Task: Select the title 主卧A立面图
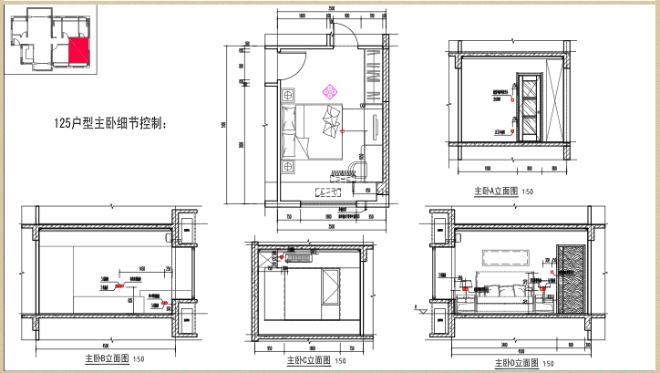(x=495, y=192)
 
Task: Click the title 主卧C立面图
(x=308, y=360)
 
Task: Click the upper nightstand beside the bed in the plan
(x=289, y=95)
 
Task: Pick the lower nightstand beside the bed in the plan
(x=289, y=166)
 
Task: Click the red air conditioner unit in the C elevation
(x=299, y=259)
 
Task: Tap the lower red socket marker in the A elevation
(x=513, y=131)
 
